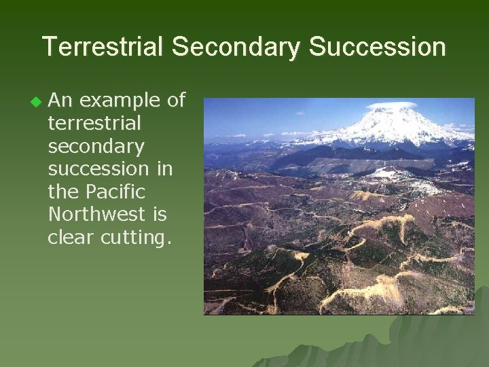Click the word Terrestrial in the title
(x=103, y=47)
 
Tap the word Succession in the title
(x=378, y=47)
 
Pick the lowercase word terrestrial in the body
(x=94, y=124)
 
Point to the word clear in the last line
(x=71, y=237)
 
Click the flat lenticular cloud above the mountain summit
(x=391, y=105)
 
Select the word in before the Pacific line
(x=164, y=169)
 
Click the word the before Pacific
(x=64, y=192)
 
